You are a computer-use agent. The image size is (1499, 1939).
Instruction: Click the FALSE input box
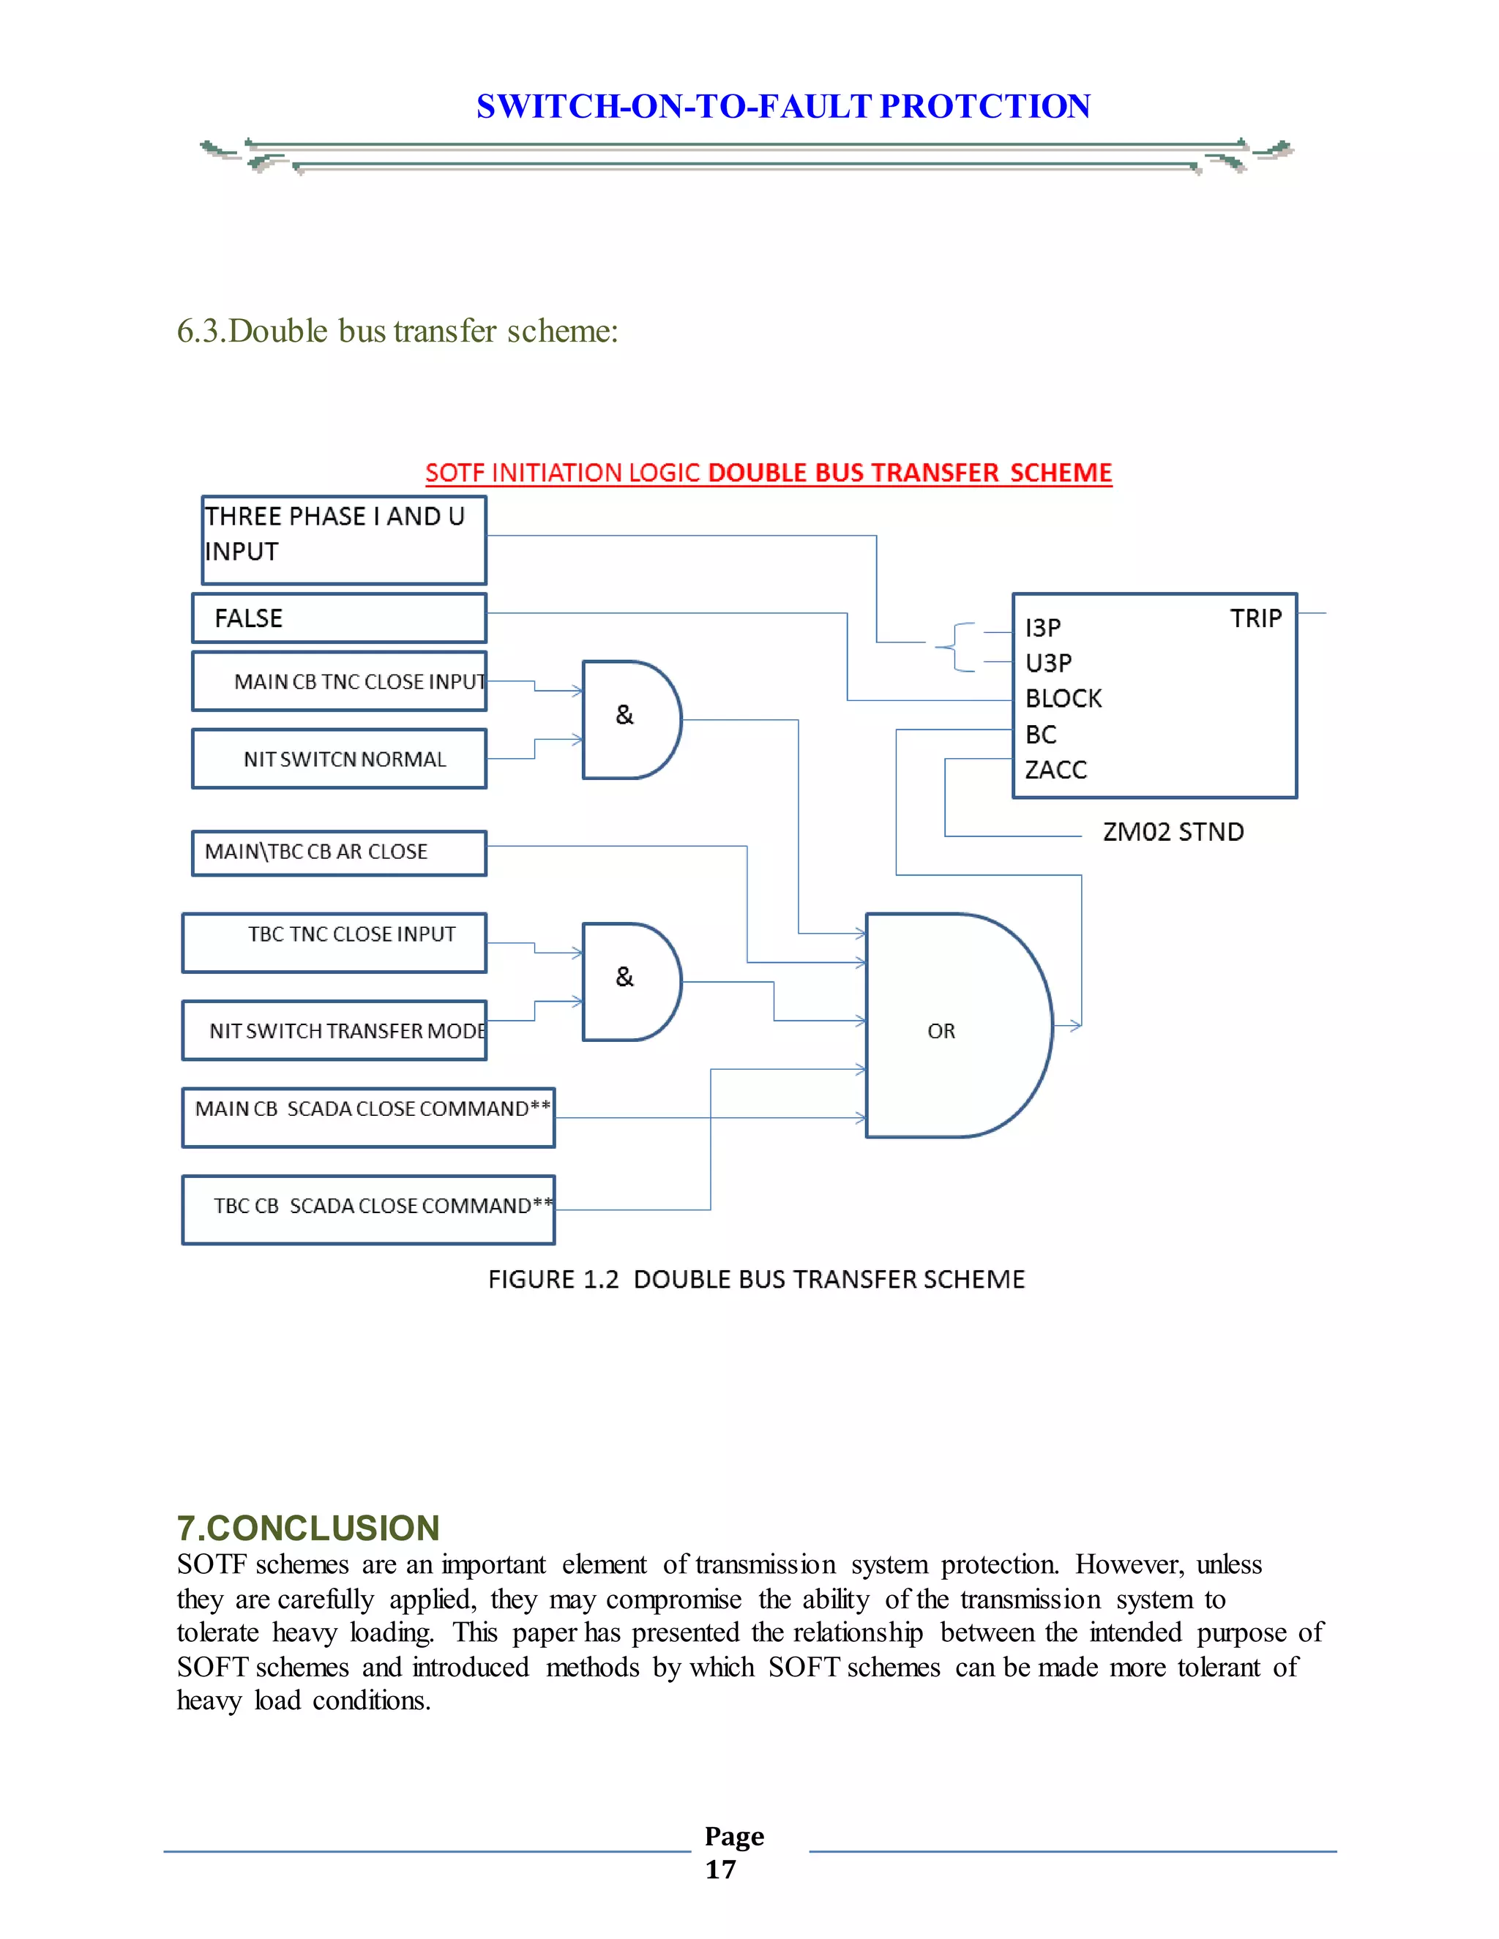(339, 618)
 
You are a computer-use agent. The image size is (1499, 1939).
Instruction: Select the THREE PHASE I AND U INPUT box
(344, 540)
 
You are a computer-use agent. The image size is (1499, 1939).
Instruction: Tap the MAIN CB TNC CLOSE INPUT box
(339, 682)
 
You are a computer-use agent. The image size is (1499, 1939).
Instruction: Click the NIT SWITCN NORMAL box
(339, 759)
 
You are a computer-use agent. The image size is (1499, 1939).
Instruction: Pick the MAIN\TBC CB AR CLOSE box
(339, 852)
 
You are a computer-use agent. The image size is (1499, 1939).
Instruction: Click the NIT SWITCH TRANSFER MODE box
(334, 1031)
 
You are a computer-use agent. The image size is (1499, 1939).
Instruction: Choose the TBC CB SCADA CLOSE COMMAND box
(369, 1209)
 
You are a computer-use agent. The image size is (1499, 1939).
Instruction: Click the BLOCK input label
(1063, 699)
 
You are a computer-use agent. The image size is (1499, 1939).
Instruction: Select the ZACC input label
(1056, 770)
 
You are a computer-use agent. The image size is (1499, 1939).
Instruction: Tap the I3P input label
(1042, 628)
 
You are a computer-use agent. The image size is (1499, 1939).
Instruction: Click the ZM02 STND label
(1173, 832)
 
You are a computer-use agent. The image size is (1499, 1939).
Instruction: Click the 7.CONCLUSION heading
(308, 1528)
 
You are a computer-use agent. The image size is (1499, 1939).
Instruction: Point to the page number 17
(720, 1869)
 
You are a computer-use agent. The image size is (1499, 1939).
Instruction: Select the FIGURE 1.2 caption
(755, 1279)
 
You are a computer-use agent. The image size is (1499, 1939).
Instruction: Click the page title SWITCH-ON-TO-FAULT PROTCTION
(783, 107)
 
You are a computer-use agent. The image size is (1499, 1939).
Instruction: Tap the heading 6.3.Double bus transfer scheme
(397, 331)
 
